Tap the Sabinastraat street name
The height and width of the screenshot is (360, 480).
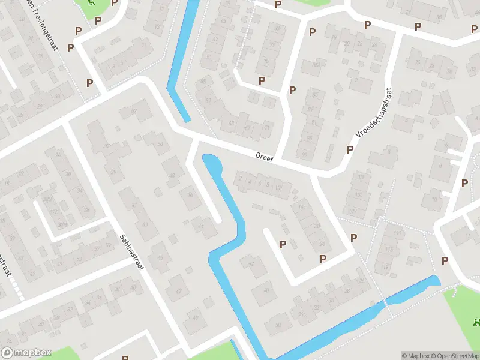(131, 252)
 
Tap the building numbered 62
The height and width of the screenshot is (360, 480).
(251, 264)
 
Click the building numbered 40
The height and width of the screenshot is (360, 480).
(264, 292)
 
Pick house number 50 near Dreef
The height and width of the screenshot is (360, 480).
(160, 143)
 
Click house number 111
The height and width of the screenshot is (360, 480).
(397, 233)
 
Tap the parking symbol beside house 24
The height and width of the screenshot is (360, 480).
(323, 259)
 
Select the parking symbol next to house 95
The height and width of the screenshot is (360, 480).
(350, 149)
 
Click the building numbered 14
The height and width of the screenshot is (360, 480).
(301, 208)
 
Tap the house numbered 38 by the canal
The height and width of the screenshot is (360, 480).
(278, 325)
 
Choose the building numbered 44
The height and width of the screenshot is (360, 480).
(201, 226)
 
